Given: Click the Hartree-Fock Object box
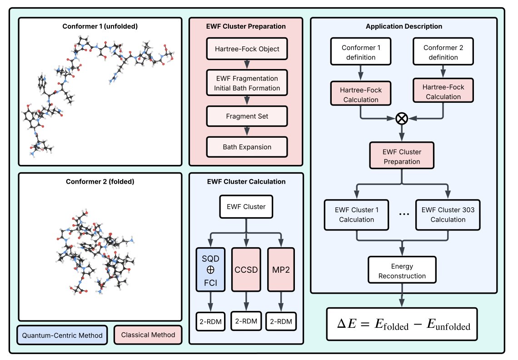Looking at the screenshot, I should pos(247,49).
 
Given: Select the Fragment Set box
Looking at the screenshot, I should pos(247,116).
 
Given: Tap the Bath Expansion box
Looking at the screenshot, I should pos(247,147).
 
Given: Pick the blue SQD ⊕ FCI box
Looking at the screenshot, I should pos(210,269).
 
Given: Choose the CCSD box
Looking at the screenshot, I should pos(246,269).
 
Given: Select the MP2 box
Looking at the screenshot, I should pos(282,269).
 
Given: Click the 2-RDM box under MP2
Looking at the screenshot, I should pos(282,321).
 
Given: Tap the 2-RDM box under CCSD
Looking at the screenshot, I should pos(246,321).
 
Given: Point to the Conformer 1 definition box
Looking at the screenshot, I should pos(361,52).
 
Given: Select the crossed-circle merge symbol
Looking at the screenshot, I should pos(402,118).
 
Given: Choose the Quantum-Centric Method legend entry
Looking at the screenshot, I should pos(62,335).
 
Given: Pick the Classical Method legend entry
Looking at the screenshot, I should pos(148,335).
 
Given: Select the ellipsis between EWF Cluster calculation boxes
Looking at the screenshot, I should pos(402,215).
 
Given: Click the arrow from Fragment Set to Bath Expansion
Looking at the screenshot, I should pos(247,131).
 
